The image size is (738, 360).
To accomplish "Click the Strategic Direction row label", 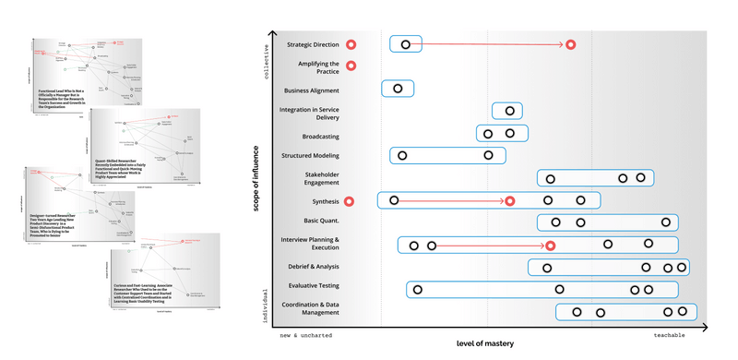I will [313, 44].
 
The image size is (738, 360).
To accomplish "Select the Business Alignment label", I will [311, 90].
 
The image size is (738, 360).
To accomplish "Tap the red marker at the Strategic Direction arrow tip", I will [571, 44].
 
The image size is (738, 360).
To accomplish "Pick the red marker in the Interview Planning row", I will [551, 245].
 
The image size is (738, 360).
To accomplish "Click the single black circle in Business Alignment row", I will [398, 89].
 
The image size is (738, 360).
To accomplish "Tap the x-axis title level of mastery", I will [485, 343].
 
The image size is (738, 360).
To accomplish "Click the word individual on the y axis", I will [268, 304].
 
